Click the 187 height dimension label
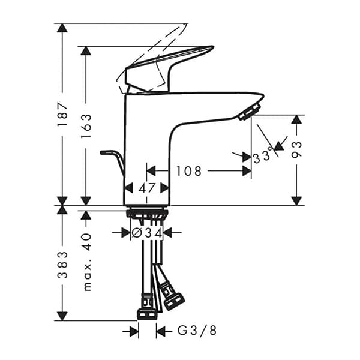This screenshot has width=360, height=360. point(62,115)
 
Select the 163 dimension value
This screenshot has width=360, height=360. point(86,125)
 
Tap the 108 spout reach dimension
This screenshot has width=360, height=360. point(189,172)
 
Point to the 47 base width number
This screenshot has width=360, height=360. point(147,188)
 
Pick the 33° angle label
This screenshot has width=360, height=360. point(263,157)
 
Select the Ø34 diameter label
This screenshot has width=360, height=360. point(147,232)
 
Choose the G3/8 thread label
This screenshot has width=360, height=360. point(194,331)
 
